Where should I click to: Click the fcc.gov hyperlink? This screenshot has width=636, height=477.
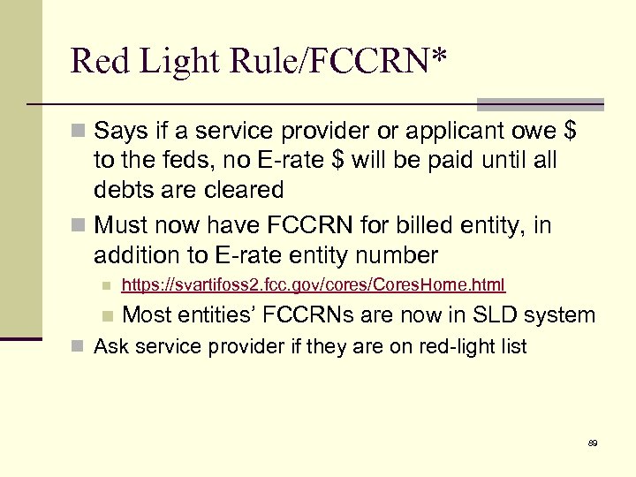click(313, 284)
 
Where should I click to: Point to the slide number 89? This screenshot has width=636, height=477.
click(592, 443)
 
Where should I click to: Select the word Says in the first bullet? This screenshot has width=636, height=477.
click(119, 132)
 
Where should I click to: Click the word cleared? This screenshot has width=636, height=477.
click(240, 190)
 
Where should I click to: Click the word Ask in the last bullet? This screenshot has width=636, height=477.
click(110, 346)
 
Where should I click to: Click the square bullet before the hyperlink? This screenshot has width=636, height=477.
click(106, 285)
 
